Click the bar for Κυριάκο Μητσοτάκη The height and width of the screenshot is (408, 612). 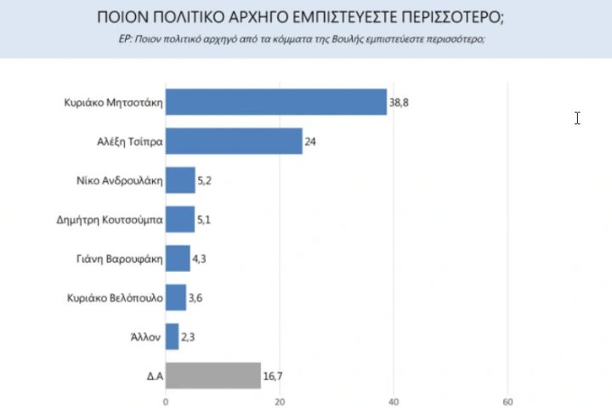(x=275, y=102)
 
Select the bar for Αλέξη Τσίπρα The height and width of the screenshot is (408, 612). (x=234, y=141)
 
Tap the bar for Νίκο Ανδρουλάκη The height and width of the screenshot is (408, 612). (x=180, y=180)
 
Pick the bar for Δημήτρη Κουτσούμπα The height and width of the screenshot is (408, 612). (x=180, y=219)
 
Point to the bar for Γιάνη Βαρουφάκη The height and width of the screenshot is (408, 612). (x=178, y=258)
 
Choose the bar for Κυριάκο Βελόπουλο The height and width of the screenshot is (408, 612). (x=176, y=297)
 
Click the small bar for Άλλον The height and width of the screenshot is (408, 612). (x=172, y=337)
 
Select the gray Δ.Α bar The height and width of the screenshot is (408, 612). (x=212, y=375)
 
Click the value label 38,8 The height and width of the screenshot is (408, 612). (x=399, y=103)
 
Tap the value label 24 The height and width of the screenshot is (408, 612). (x=310, y=141)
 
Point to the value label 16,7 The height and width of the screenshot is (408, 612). (x=274, y=375)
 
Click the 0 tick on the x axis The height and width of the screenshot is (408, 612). (x=166, y=401)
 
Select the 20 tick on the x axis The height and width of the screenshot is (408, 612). (x=280, y=401)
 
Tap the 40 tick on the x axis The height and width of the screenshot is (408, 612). (x=394, y=401)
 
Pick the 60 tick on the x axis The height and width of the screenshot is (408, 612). (x=507, y=401)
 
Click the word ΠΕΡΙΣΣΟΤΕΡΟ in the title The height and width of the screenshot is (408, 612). (x=429, y=17)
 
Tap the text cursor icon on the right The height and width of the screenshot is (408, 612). (x=577, y=118)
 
